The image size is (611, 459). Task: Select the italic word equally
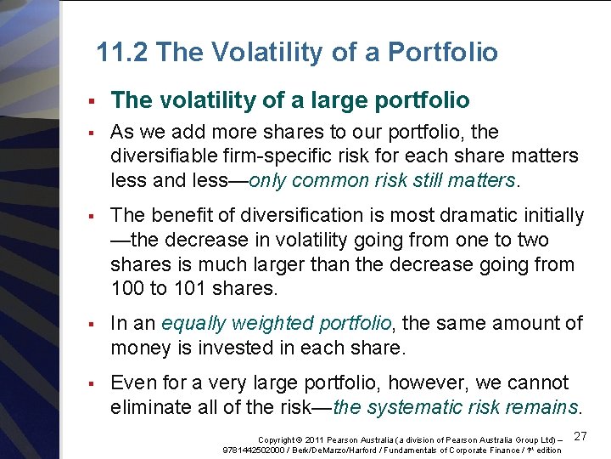coord(194,324)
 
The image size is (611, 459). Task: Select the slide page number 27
coord(580,435)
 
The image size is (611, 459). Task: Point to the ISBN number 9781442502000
coord(252,450)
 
